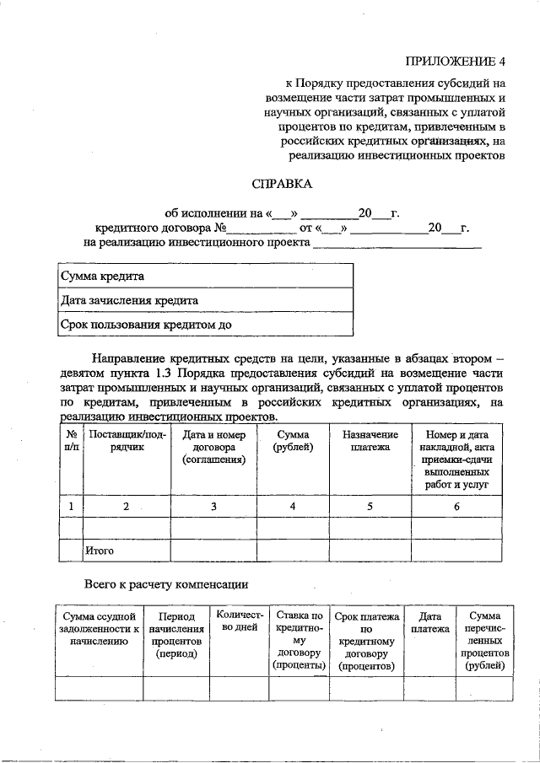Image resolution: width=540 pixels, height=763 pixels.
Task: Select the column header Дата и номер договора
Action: click(x=213, y=447)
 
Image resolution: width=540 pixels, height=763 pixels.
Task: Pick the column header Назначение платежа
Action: click(x=370, y=441)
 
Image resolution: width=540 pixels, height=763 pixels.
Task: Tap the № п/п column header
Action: click(x=71, y=441)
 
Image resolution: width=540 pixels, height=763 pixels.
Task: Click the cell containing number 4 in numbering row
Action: click(x=292, y=506)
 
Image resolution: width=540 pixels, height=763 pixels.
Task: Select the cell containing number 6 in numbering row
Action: click(x=456, y=506)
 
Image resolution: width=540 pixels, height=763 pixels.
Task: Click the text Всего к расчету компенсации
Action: click(x=166, y=584)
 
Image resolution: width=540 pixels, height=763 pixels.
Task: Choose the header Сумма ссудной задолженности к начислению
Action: click(x=99, y=629)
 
